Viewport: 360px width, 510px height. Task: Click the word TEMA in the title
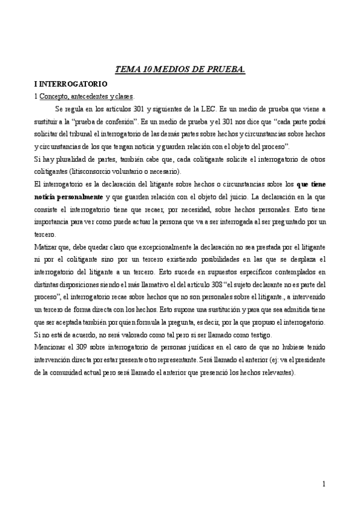coord(126,70)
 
